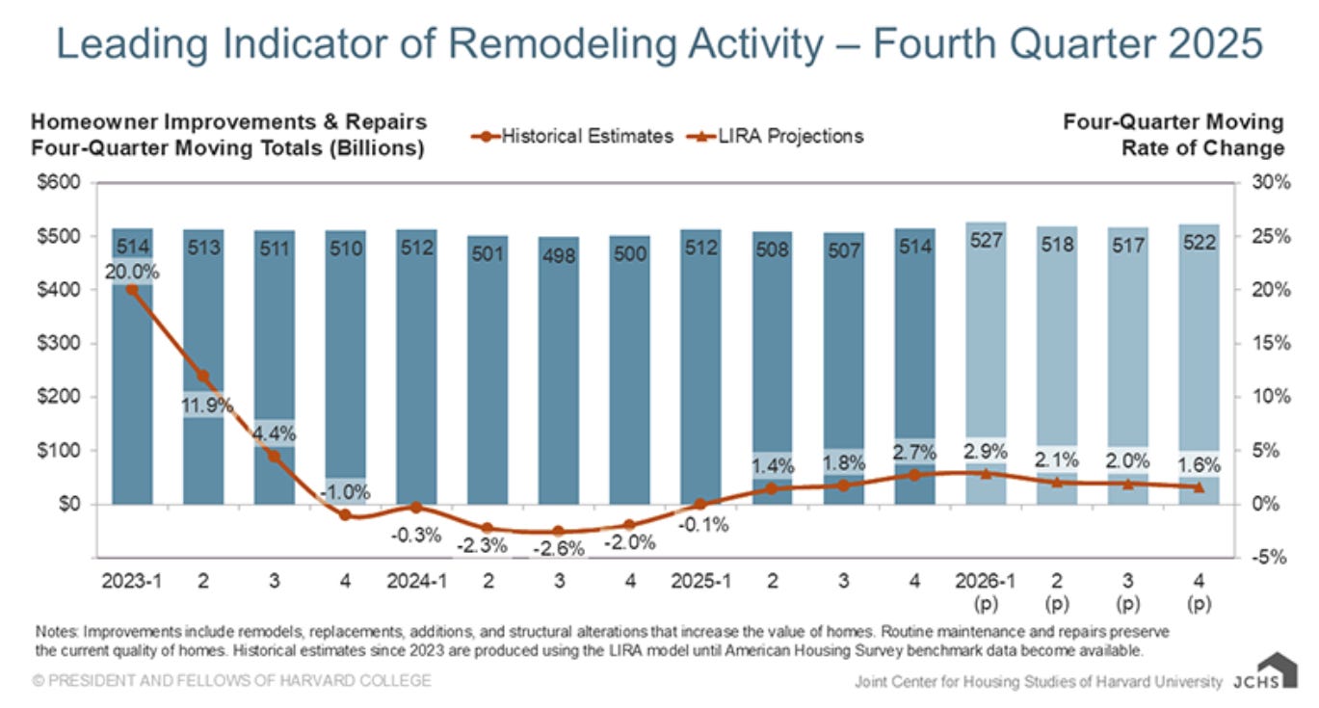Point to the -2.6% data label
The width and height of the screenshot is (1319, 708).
tap(559, 548)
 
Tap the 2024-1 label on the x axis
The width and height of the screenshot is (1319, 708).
tap(416, 583)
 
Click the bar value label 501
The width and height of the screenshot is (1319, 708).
tap(488, 253)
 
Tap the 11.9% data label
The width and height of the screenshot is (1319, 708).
tap(204, 405)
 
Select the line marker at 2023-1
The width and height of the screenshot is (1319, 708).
tap(132, 289)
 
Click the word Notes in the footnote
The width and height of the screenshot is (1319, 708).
tap(57, 632)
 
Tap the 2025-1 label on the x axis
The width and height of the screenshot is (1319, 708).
tap(700, 583)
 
